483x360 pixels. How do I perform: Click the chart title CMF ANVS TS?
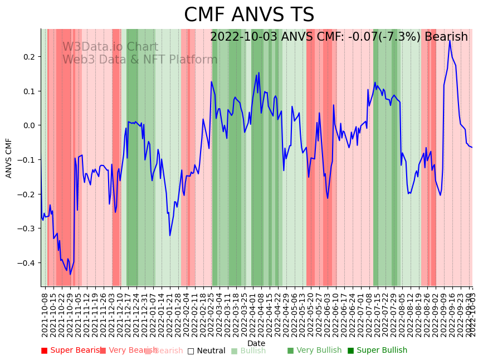(249, 15)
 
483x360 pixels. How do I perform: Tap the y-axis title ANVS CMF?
(9, 158)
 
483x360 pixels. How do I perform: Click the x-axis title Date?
(256, 343)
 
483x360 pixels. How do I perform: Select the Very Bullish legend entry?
(314, 351)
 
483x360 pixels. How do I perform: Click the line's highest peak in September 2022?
(450, 41)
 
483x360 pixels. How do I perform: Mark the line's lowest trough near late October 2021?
(70, 274)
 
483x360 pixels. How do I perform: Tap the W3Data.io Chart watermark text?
(110, 47)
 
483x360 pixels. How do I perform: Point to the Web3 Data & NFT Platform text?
(140, 60)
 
